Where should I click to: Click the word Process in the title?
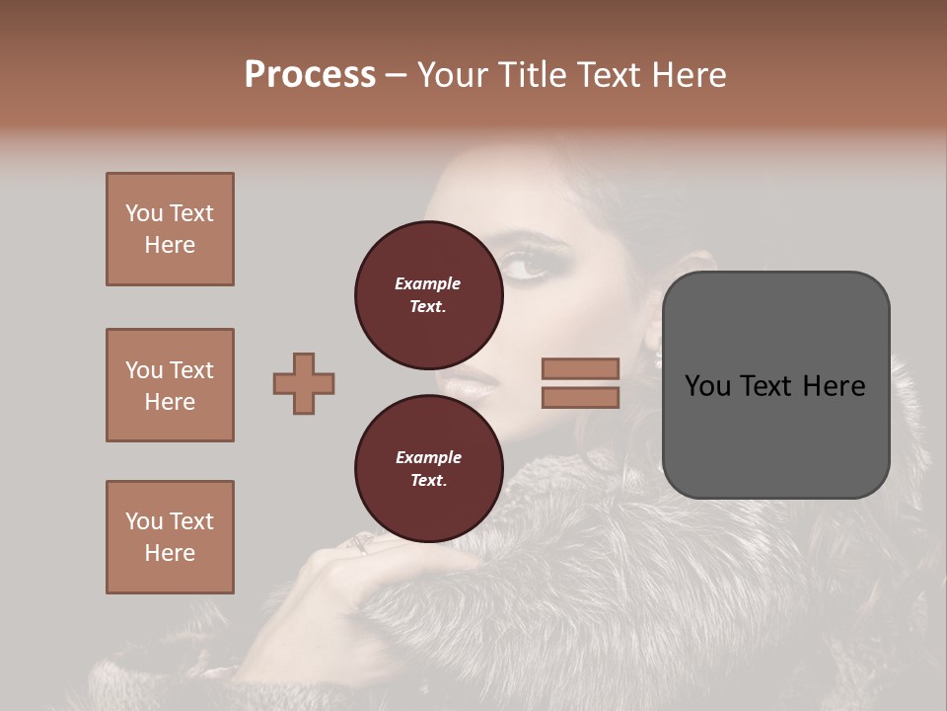(x=310, y=75)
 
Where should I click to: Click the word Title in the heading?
(x=530, y=75)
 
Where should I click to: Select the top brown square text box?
(x=170, y=229)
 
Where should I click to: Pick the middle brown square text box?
(x=170, y=385)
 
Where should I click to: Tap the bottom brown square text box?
(x=170, y=536)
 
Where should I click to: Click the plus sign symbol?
(x=304, y=383)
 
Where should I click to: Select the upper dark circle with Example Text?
(x=428, y=295)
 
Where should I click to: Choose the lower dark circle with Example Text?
(x=428, y=469)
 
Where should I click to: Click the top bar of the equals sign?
(x=581, y=369)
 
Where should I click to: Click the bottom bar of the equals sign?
(x=581, y=397)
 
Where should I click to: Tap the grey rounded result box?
(x=775, y=384)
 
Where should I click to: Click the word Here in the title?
(x=689, y=75)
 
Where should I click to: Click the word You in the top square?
(x=143, y=213)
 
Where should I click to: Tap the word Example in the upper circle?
(x=428, y=283)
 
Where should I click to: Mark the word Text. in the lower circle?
(x=428, y=481)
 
